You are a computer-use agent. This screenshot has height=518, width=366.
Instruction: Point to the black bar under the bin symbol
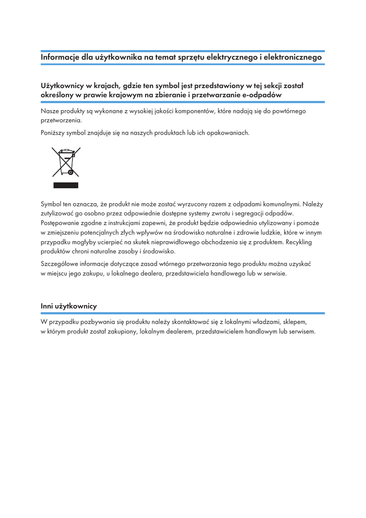click(x=66, y=185)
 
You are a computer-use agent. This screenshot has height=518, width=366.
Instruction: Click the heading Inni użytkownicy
click(x=68, y=306)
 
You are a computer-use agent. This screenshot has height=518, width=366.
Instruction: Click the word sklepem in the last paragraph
click(x=295, y=321)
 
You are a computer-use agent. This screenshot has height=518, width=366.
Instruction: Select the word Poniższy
click(x=53, y=133)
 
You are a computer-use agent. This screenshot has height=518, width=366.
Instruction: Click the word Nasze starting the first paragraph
click(x=50, y=111)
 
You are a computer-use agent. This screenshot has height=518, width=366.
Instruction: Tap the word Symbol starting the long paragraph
click(x=52, y=204)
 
